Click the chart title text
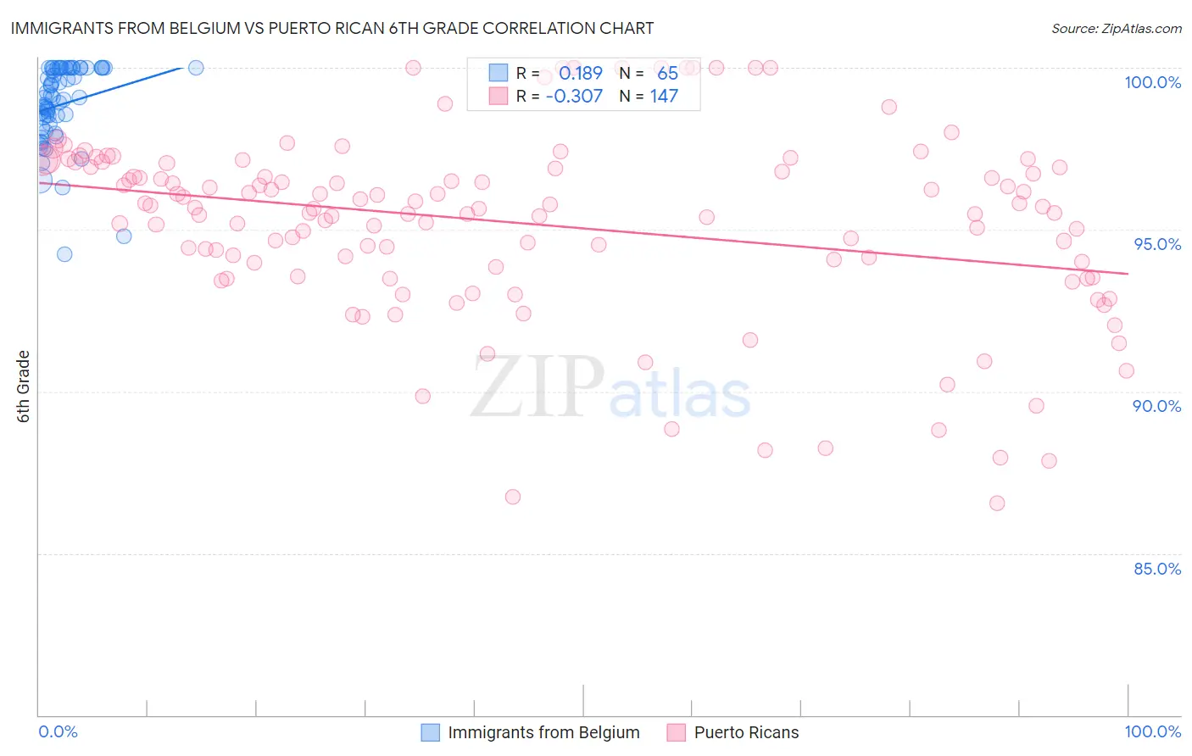click(x=331, y=28)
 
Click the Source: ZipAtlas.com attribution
click(x=1116, y=28)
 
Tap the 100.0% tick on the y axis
click(x=1152, y=82)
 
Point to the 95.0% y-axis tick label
click(x=1157, y=244)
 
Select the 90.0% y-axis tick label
click(x=1156, y=406)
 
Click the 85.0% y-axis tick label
click(x=1157, y=569)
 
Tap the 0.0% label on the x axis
click(x=58, y=731)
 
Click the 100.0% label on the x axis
click(x=1152, y=731)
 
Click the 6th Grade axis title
click(x=24, y=386)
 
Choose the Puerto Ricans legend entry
click(x=745, y=732)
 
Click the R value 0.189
click(x=580, y=73)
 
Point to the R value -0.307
click(x=574, y=96)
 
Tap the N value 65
click(x=667, y=73)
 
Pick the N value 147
click(x=664, y=96)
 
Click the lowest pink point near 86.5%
click(x=997, y=503)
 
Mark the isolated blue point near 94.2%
click(x=64, y=254)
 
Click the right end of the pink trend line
click(x=1128, y=273)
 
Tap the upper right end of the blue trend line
click(x=181, y=67)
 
